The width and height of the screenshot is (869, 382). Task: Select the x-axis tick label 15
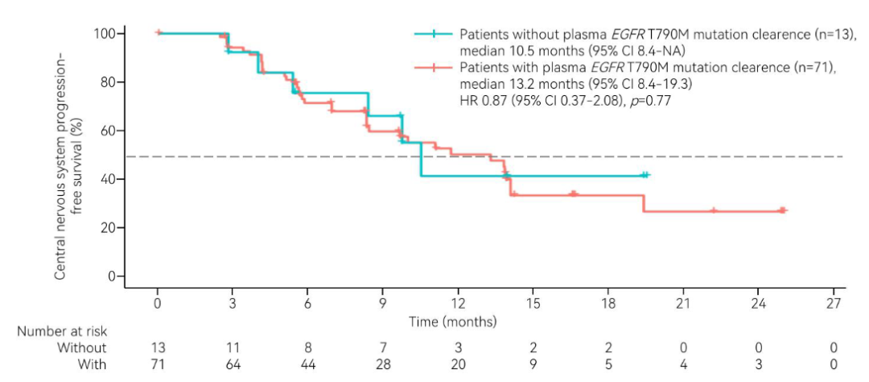(533, 304)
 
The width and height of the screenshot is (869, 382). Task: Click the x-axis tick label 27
(834, 304)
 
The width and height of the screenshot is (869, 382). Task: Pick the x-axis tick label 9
(382, 304)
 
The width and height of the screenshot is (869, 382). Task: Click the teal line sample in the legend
(434, 34)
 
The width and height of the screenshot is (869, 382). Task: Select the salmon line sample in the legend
(434, 68)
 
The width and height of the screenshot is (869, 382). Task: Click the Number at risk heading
(62, 330)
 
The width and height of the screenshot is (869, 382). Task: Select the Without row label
(80, 347)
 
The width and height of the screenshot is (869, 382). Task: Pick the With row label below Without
(90, 364)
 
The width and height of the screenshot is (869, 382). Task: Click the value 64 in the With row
(232, 364)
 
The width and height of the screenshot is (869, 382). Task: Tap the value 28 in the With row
(382, 364)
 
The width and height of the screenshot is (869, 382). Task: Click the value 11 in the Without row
(232, 347)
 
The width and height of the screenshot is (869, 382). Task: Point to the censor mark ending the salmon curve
(783, 210)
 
